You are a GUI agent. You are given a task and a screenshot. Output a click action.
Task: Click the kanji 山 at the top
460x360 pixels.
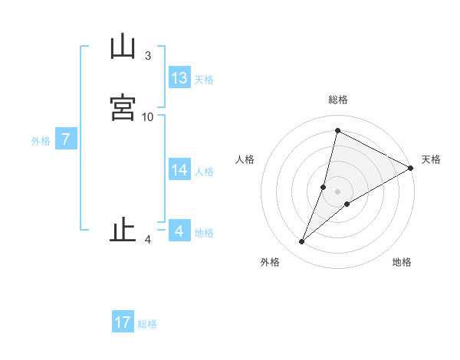tap(123, 47)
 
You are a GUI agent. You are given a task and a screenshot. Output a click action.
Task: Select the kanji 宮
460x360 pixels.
tap(123, 107)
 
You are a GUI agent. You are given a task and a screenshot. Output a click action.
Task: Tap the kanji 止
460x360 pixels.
tap(123, 231)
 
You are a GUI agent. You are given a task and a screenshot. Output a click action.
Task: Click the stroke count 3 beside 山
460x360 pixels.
tap(148, 56)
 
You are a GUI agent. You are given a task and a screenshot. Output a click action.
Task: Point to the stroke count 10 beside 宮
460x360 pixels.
tap(148, 116)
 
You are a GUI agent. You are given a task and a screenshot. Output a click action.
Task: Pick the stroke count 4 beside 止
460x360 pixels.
tap(148, 240)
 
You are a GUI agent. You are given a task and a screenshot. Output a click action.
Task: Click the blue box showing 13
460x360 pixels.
tap(179, 78)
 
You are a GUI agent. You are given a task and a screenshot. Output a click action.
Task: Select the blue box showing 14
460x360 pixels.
tap(179, 170)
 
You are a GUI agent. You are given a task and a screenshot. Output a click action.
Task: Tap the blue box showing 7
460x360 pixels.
tap(67, 139)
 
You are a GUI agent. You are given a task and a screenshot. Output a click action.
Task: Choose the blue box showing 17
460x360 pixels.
tap(123, 322)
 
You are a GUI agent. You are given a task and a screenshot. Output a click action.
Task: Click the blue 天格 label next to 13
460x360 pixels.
tap(204, 80)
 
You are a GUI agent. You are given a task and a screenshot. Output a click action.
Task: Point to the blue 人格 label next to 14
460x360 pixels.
tap(204, 172)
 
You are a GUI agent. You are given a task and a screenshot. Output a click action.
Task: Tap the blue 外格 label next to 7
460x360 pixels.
tap(41, 141)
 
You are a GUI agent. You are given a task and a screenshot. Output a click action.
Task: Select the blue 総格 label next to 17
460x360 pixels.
tap(147, 324)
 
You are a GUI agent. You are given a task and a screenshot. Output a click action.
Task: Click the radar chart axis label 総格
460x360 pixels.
tap(337, 100)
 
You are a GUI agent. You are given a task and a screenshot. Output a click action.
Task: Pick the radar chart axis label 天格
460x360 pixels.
tap(431, 159)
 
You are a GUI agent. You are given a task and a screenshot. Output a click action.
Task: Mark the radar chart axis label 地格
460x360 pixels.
tap(402, 262)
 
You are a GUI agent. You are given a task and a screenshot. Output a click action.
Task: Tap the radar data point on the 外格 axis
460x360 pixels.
tap(302, 242)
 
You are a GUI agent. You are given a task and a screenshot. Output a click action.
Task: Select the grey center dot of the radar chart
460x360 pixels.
tap(337, 191)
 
